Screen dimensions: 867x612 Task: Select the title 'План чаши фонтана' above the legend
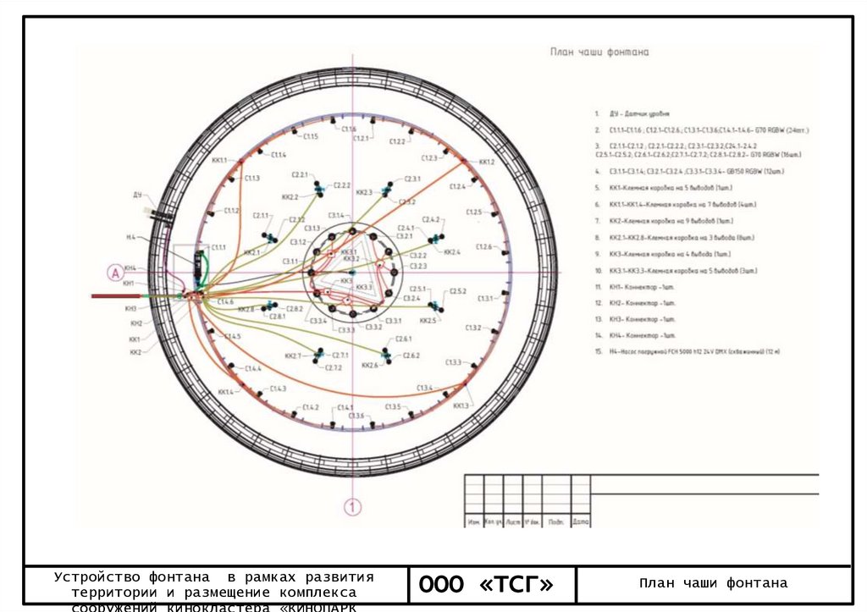599,52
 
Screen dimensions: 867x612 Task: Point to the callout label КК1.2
486,162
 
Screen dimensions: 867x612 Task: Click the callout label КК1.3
461,406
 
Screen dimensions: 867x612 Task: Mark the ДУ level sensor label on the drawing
137,195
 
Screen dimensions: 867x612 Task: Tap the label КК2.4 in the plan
452,252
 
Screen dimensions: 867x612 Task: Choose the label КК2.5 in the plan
428,321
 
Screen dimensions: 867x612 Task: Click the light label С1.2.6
484,246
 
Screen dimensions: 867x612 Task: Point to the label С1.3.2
473,328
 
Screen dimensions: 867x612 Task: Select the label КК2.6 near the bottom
369,366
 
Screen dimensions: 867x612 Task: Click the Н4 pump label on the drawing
131,238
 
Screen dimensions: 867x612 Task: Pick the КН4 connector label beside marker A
130,268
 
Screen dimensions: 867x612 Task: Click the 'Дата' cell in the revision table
580,521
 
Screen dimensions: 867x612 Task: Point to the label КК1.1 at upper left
219,160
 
